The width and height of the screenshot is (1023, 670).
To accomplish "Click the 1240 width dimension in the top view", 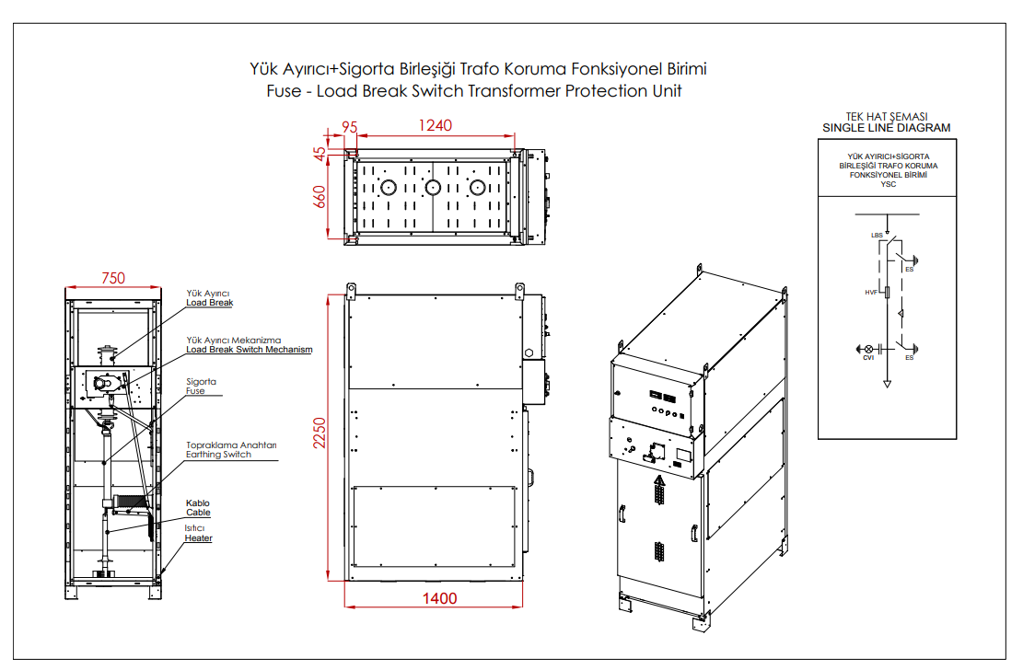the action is point(436,125).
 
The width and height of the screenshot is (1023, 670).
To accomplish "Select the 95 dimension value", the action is point(350,127).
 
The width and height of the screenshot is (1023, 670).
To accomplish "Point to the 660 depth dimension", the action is point(320,197).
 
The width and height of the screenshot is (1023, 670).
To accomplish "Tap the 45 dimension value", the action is point(320,155).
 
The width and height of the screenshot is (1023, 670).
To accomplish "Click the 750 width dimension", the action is point(113,278).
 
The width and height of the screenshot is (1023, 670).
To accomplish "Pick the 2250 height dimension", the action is point(320,433).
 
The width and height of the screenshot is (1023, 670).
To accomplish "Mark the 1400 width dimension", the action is point(440,598).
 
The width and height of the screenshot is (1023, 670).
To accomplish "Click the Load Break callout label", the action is point(209,303).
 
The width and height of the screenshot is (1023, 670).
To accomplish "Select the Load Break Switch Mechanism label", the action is point(250,350).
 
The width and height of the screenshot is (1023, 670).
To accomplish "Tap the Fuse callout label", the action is point(195,391).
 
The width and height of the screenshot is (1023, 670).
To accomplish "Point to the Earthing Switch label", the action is point(218,455).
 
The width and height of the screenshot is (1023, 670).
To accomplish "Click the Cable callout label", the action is point(198,513).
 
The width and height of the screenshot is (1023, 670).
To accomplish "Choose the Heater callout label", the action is point(198,538).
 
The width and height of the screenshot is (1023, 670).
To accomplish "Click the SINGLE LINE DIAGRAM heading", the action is point(886,128).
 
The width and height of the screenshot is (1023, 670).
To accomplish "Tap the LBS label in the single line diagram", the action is point(877,235).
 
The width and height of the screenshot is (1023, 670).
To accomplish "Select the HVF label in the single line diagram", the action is point(871,293).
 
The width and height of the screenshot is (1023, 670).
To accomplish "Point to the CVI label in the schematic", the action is point(868,357).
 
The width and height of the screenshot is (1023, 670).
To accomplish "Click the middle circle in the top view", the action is point(433,188).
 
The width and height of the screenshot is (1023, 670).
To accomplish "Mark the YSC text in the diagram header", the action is point(888,185).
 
